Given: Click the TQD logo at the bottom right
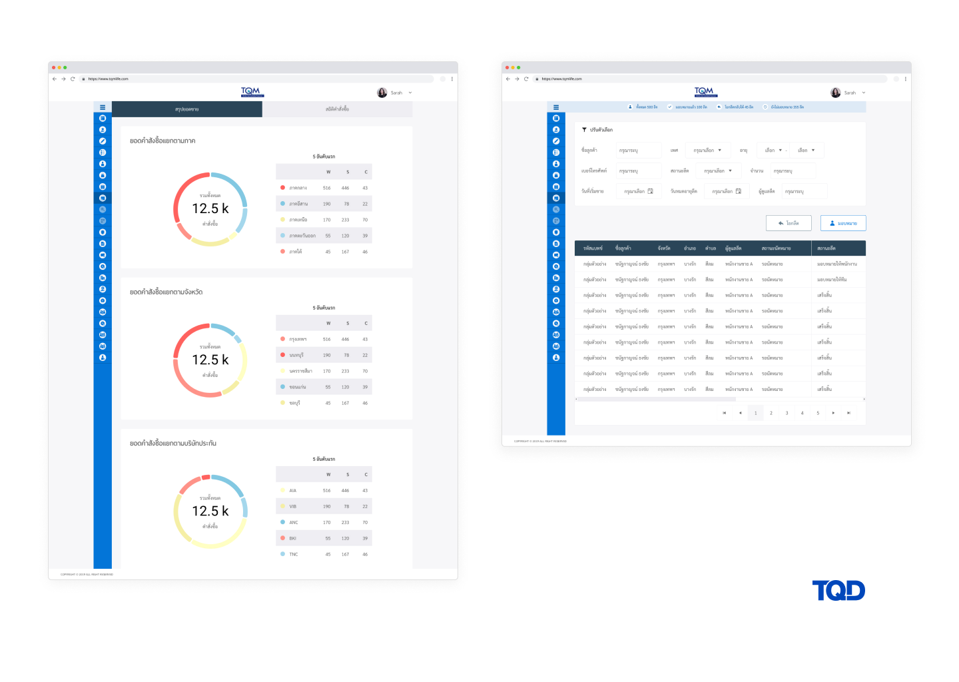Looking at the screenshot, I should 838,591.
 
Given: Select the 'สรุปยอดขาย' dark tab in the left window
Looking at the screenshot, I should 187,109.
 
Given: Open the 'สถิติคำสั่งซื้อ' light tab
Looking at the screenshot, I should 337,109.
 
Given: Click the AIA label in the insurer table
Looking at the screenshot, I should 293,491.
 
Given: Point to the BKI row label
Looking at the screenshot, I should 293,538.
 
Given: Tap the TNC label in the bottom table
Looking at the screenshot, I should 294,554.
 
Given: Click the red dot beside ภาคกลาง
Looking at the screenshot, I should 283,188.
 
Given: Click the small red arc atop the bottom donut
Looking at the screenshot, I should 206,478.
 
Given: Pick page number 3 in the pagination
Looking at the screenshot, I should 787,413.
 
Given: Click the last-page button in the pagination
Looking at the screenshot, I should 848,413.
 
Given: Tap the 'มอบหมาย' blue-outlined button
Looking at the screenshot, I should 843,223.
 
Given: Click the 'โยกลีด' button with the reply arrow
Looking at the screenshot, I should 789,223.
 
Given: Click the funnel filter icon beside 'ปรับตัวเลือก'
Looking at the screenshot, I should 584,130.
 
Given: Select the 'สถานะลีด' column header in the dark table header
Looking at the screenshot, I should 826,248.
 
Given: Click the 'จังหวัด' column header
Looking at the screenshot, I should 664,248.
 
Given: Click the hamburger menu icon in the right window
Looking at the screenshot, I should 556,107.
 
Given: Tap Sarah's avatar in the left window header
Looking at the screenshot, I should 382,93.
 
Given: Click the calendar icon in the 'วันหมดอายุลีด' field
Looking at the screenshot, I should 739,191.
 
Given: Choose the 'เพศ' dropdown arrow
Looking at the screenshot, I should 720,151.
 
